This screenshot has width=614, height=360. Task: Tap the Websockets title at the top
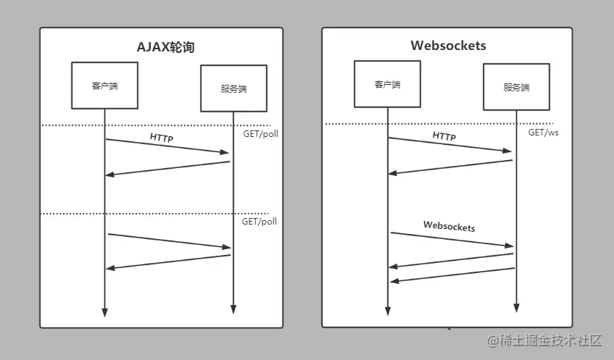448,46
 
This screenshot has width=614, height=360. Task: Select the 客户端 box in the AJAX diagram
104,85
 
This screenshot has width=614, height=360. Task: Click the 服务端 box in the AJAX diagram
233,88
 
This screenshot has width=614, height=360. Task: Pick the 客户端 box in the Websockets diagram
387,84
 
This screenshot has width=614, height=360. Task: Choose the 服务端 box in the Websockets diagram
516,87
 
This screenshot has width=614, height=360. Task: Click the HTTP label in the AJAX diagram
162,137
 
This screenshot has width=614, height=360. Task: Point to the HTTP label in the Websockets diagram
444,136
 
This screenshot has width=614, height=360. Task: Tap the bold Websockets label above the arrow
449,227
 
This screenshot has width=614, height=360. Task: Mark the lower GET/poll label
259,222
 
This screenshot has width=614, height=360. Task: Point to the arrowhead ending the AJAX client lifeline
104,312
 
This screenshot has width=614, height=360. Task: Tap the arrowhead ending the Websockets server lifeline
515,308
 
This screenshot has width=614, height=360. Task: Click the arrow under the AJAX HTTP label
167,146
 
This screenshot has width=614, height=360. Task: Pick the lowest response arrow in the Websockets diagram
452,275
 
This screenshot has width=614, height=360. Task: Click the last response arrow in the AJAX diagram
167,261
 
